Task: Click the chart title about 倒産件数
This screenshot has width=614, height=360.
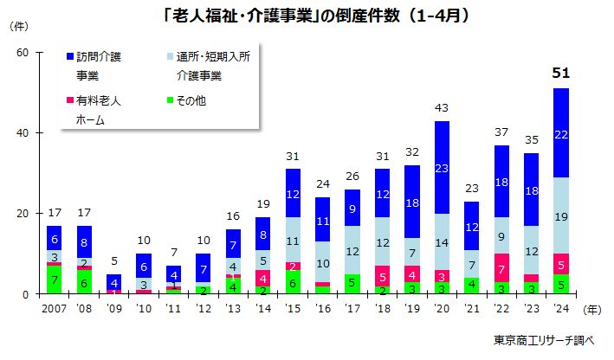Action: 307,16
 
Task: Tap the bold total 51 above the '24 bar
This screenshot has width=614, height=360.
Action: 560,74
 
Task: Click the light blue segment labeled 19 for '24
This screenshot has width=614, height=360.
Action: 560,216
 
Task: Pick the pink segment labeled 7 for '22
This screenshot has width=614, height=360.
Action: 501,268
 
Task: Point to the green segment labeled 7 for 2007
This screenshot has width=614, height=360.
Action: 54,280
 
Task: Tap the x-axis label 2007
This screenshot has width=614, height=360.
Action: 54,309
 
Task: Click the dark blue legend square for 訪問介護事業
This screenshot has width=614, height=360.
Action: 70,58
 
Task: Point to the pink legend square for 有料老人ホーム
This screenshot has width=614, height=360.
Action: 70,100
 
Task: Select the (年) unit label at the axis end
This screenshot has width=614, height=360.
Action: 592,309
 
